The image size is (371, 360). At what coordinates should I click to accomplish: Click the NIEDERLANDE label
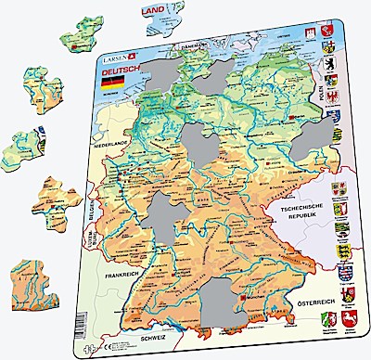pyautogui.click(x=108, y=146)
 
